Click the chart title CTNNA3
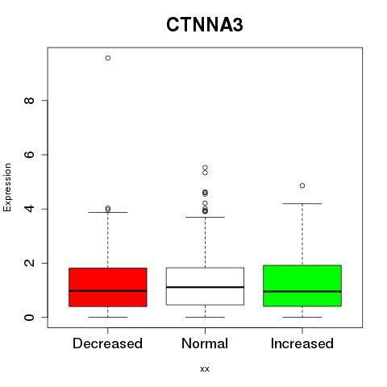[x=205, y=25]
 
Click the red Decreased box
[x=108, y=287]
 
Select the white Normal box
[x=205, y=286]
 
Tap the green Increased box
[x=302, y=285]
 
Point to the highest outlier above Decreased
[x=108, y=58]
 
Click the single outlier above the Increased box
[x=302, y=185]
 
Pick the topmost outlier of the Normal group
[x=205, y=168]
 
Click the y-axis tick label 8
[x=29, y=101]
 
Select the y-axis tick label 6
[x=29, y=155]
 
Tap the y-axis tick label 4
[x=29, y=209]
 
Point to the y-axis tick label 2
[x=29, y=263]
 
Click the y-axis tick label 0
[x=29, y=317]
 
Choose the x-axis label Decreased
[x=107, y=343]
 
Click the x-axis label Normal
[x=205, y=343]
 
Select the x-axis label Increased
[x=302, y=343]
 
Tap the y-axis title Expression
[x=7, y=187]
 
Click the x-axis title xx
[x=205, y=369]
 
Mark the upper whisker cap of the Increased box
[x=302, y=204]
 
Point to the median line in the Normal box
[x=205, y=287]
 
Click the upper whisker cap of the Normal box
[x=205, y=217]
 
